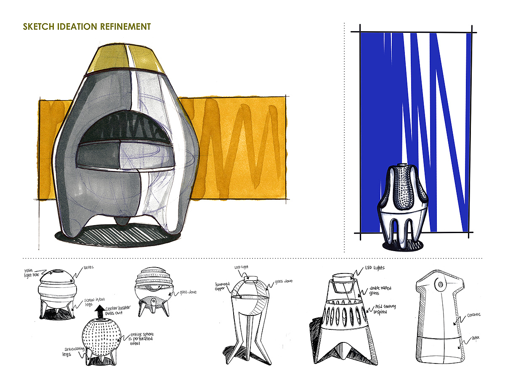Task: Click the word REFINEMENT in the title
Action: (125, 27)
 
